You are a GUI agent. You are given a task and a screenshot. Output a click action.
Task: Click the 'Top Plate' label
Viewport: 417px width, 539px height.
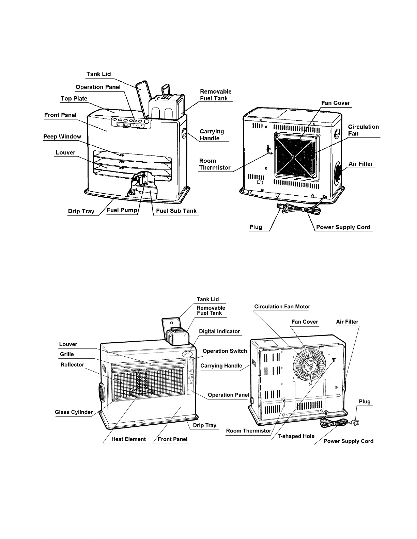click(74, 99)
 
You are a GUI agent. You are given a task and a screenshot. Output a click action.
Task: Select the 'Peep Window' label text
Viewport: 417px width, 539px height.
click(62, 137)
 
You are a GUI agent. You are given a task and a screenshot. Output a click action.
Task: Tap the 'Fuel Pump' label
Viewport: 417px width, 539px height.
click(122, 210)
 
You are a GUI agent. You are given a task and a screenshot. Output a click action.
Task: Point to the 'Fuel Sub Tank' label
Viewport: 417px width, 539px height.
click(176, 211)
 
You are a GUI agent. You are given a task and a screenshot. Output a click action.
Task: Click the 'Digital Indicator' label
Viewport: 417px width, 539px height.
click(219, 331)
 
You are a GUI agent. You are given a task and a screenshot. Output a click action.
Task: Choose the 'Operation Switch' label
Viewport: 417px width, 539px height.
click(225, 351)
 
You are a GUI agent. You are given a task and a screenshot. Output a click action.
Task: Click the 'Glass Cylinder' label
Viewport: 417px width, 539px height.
click(74, 412)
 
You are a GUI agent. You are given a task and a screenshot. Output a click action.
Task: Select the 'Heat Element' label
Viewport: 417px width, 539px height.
click(128, 439)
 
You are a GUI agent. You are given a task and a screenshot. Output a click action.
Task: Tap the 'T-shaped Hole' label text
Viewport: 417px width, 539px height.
click(296, 436)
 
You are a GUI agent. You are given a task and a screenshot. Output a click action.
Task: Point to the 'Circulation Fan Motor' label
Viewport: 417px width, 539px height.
click(282, 307)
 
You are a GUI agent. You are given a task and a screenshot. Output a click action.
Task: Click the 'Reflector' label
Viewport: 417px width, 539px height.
click(72, 365)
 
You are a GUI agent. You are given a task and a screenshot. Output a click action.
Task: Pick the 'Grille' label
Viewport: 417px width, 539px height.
click(67, 355)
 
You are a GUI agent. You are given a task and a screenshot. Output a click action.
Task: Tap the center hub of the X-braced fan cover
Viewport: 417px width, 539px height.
click(293, 158)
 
